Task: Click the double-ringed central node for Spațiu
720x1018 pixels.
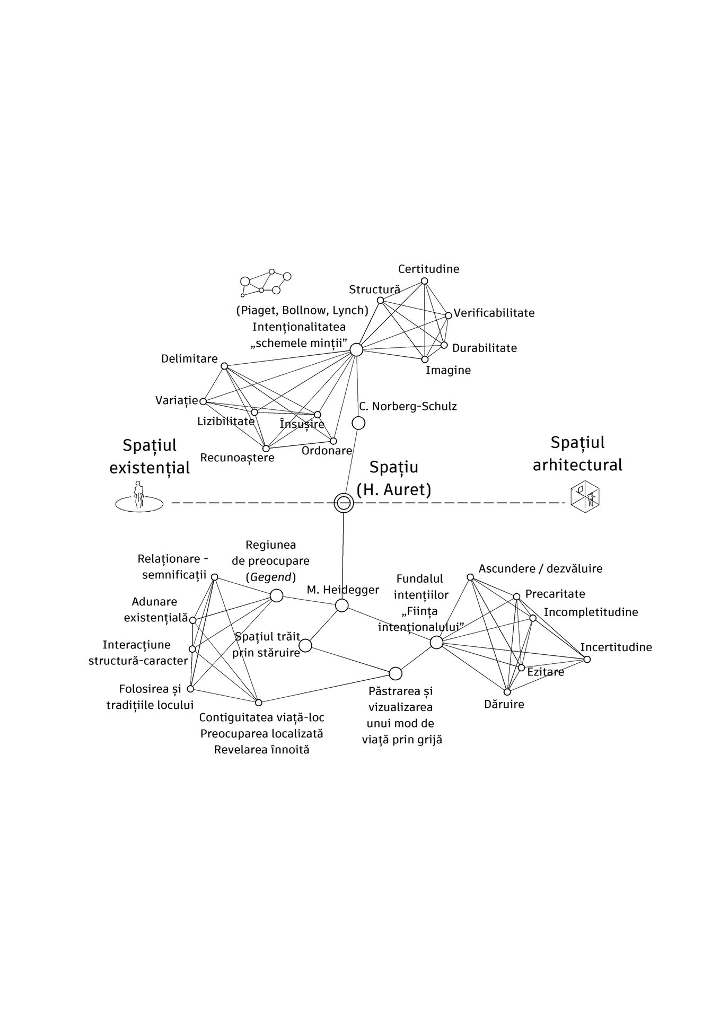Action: [344, 502]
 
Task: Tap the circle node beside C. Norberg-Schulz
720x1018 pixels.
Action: [358, 423]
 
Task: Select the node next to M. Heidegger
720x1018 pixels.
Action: [342, 605]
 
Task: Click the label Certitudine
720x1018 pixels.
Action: [429, 269]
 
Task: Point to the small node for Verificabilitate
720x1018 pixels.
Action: [449, 315]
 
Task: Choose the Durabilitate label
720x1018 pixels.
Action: [485, 348]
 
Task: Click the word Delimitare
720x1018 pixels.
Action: [189, 359]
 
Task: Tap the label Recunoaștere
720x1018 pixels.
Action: [238, 458]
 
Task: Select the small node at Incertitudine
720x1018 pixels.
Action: [587, 659]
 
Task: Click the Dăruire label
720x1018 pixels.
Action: [504, 704]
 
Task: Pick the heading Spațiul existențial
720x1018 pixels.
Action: [150, 457]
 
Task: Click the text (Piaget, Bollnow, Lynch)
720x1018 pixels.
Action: [302, 310]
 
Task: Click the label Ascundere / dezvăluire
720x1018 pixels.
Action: [541, 569]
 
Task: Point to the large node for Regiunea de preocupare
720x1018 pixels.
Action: [276, 595]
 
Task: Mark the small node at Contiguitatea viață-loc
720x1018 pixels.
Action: [259, 703]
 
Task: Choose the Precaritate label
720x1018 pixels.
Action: [555, 594]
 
